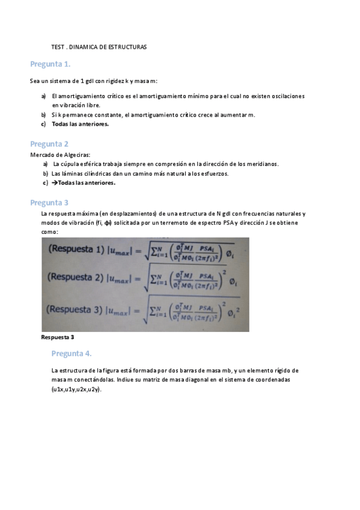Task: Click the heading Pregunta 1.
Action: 50,64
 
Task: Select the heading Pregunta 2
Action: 49,144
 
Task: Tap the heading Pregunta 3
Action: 49,203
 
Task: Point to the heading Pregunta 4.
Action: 72,353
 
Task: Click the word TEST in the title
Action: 58,46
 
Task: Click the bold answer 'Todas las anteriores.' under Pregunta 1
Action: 81,124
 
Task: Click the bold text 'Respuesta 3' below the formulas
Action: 57,337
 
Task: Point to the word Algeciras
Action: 75,155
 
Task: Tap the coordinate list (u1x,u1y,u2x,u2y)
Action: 76,390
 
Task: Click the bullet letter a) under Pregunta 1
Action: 43,96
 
